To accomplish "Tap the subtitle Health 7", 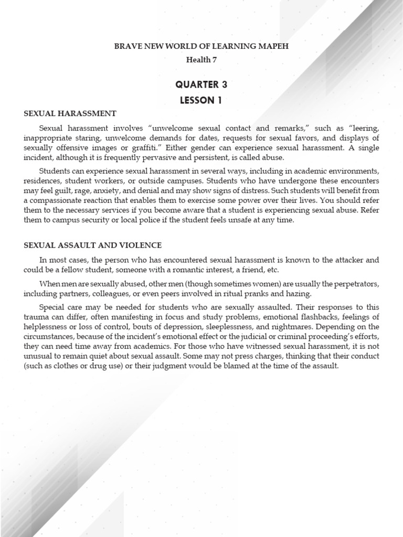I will click(201, 60).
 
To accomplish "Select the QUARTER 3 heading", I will click(201, 84).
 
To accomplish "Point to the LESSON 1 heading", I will click(201, 101).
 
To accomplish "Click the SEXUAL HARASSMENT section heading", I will click(70, 113).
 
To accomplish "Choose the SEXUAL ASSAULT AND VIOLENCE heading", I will click(92, 245).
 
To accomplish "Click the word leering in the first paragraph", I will click(366, 128).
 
